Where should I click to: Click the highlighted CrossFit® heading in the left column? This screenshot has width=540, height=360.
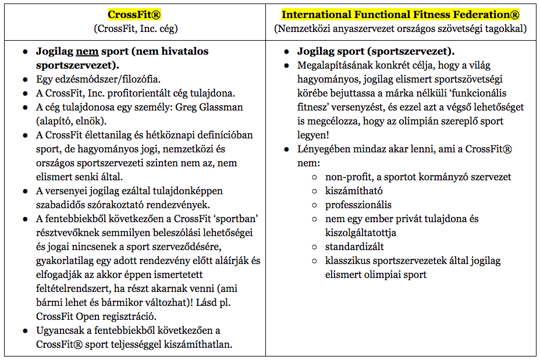(x=134, y=15)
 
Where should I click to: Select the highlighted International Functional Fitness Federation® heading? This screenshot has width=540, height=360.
(x=401, y=15)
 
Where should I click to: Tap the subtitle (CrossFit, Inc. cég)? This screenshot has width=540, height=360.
(x=134, y=28)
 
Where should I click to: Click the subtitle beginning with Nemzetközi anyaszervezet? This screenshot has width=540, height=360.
(x=401, y=28)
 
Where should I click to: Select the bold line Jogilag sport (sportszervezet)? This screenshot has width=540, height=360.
(x=376, y=51)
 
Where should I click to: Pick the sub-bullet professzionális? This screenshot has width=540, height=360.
(x=358, y=205)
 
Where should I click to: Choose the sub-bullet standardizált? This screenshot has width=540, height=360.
(x=354, y=247)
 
